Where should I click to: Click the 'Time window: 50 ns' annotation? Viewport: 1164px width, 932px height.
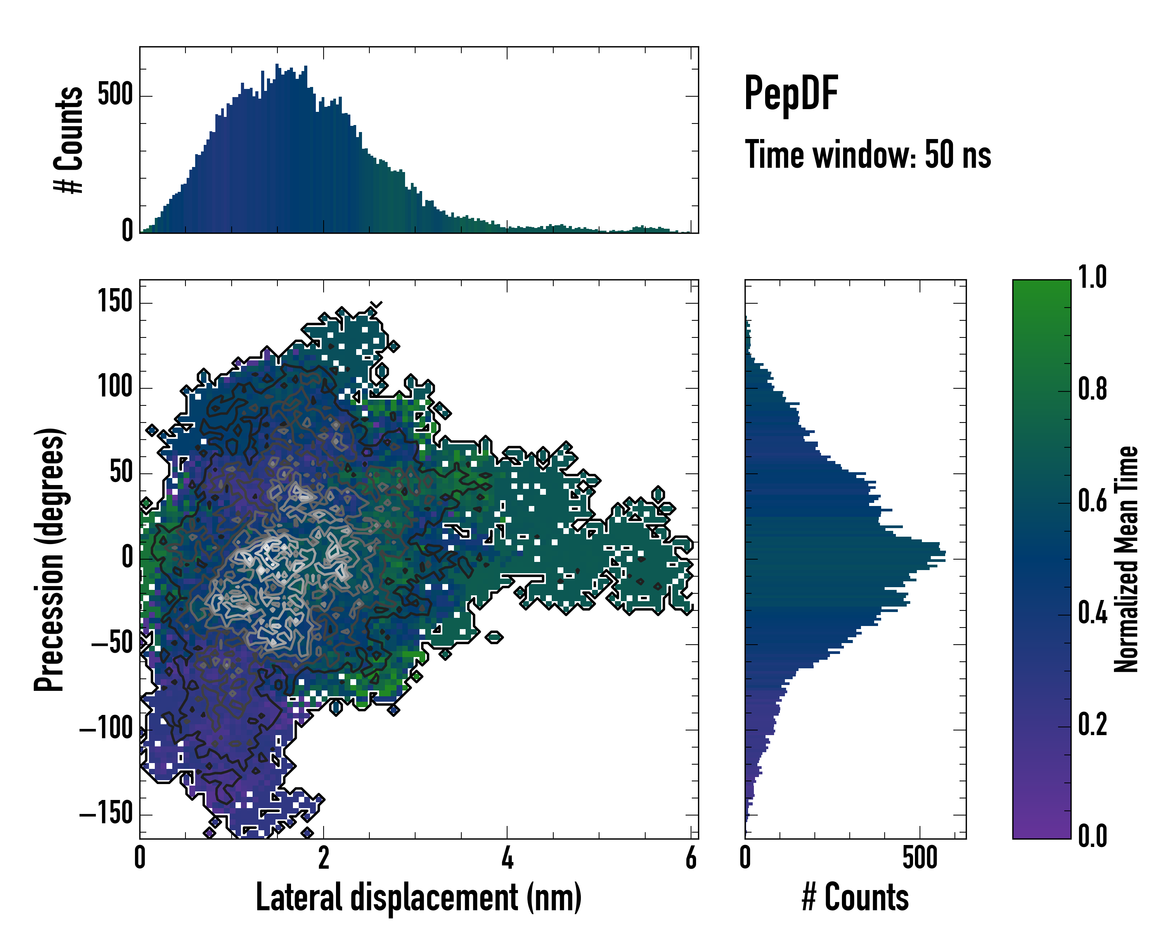click(x=868, y=155)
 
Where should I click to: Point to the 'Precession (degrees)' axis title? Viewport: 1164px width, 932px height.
click(x=50, y=559)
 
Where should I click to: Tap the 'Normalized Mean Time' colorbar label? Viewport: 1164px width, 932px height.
click(x=1126, y=559)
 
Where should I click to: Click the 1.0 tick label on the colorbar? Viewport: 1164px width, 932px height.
click(x=1092, y=277)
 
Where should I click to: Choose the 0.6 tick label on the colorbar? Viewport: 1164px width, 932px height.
click(x=1092, y=501)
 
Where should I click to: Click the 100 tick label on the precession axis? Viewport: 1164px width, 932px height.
click(x=115, y=387)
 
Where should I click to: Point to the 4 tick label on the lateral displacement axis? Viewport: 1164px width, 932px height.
click(x=507, y=858)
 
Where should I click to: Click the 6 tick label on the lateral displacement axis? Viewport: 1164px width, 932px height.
click(x=691, y=858)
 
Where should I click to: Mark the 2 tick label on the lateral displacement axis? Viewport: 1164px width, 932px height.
click(x=323, y=858)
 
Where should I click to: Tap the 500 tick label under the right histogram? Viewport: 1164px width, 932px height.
click(x=920, y=858)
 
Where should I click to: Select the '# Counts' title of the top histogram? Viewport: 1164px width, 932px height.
click(x=69, y=140)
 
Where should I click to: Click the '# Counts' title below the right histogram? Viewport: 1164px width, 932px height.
click(x=855, y=897)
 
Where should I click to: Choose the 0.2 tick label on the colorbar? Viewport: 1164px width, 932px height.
click(x=1092, y=725)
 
